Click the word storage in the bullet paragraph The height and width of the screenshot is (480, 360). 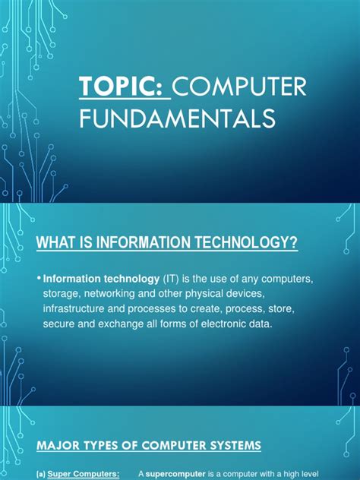[x=65, y=294]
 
